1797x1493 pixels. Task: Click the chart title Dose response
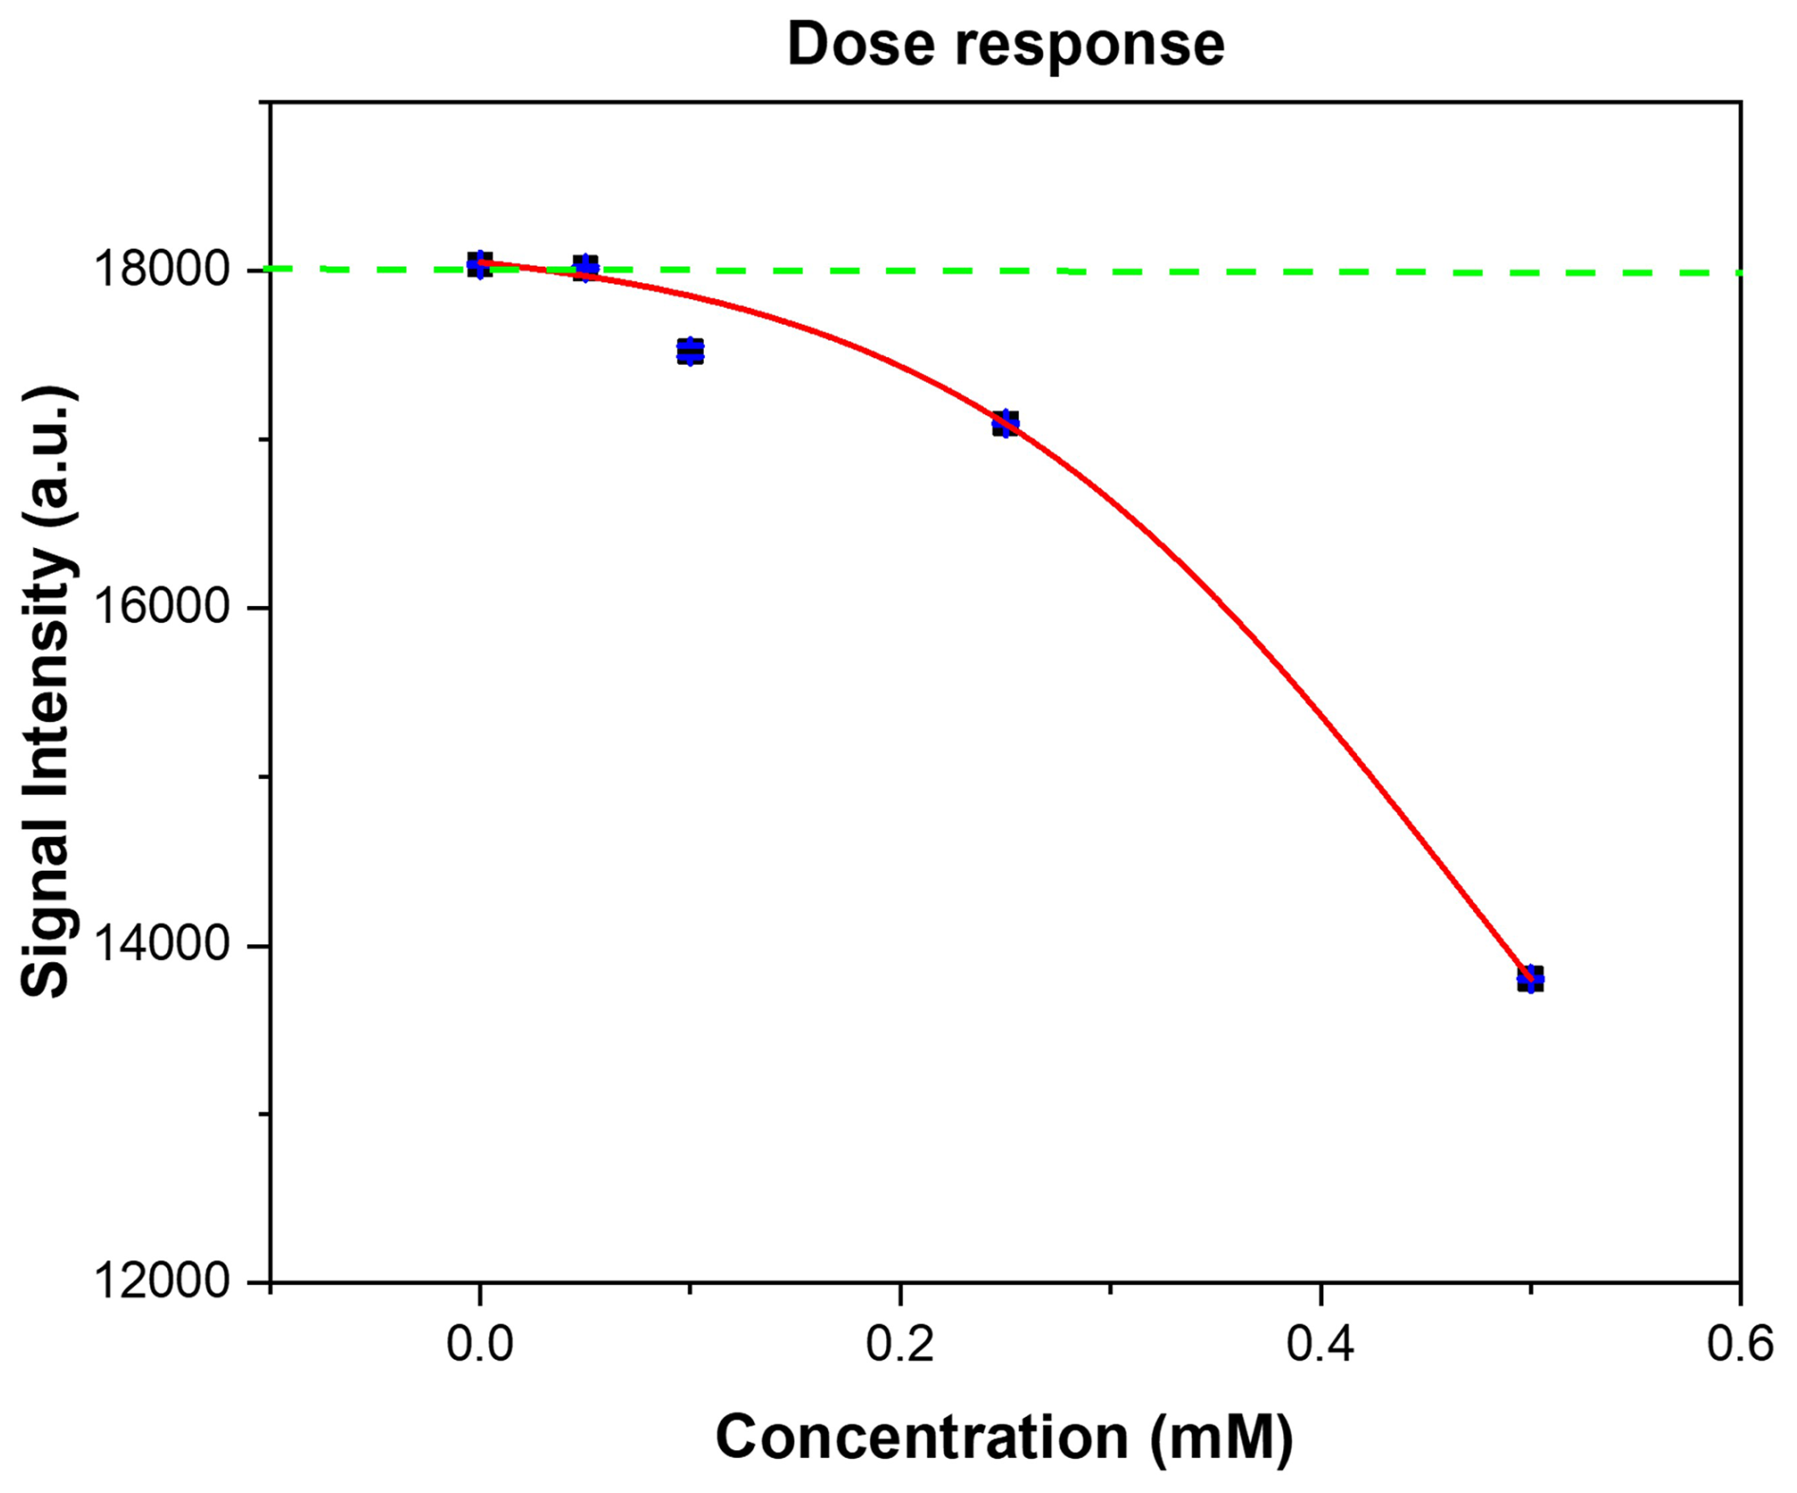(x=1005, y=45)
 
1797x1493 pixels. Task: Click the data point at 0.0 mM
(x=480, y=265)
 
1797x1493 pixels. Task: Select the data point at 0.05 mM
(x=586, y=267)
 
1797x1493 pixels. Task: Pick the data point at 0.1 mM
(x=690, y=350)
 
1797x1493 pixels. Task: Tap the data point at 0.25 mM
(x=1005, y=423)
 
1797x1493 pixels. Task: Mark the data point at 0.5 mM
(x=1530, y=977)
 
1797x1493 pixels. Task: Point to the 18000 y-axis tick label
(x=161, y=271)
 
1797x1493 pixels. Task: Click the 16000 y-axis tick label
(x=161, y=608)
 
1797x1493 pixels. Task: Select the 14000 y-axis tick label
(x=161, y=946)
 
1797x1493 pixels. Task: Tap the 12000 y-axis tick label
(x=161, y=1283)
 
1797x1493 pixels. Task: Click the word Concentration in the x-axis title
(x=921, y=1436)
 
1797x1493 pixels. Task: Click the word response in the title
(x=1089, y=45)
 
